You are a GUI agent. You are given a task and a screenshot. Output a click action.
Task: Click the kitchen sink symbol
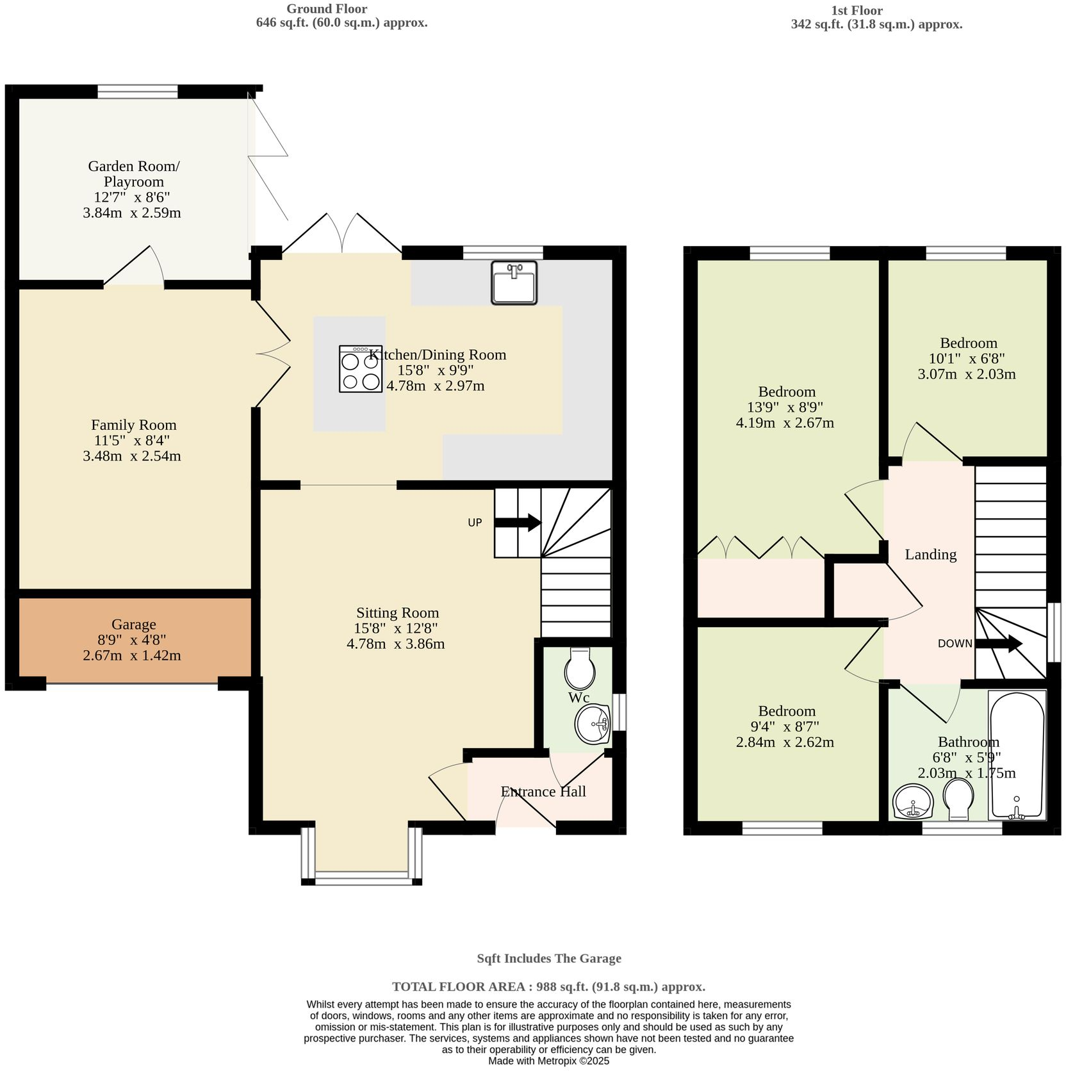point(514,282)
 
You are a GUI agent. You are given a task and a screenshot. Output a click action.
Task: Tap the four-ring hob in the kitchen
point(361,369)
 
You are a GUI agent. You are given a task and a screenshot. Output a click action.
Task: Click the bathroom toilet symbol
point(958,798)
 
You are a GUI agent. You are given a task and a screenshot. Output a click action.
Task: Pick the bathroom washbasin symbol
point(913,802)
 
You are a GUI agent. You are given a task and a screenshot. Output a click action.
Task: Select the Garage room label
point(133,624)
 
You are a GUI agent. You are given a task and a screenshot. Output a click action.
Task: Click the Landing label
point(930,555)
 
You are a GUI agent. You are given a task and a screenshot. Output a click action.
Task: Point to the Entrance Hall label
point(543,792)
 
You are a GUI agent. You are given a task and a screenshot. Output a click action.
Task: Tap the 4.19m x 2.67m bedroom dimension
point(785,423)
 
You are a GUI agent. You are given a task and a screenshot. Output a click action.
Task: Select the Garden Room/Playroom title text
point(133,174)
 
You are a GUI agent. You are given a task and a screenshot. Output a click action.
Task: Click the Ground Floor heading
point(327,9)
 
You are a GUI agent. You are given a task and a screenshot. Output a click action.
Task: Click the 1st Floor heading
point(857,10)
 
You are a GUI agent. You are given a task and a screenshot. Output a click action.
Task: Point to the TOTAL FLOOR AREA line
point(548,986)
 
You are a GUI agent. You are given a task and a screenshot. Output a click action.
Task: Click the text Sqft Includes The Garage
point(548,958)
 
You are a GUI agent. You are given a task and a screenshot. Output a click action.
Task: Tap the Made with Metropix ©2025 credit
point(548,1061)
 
